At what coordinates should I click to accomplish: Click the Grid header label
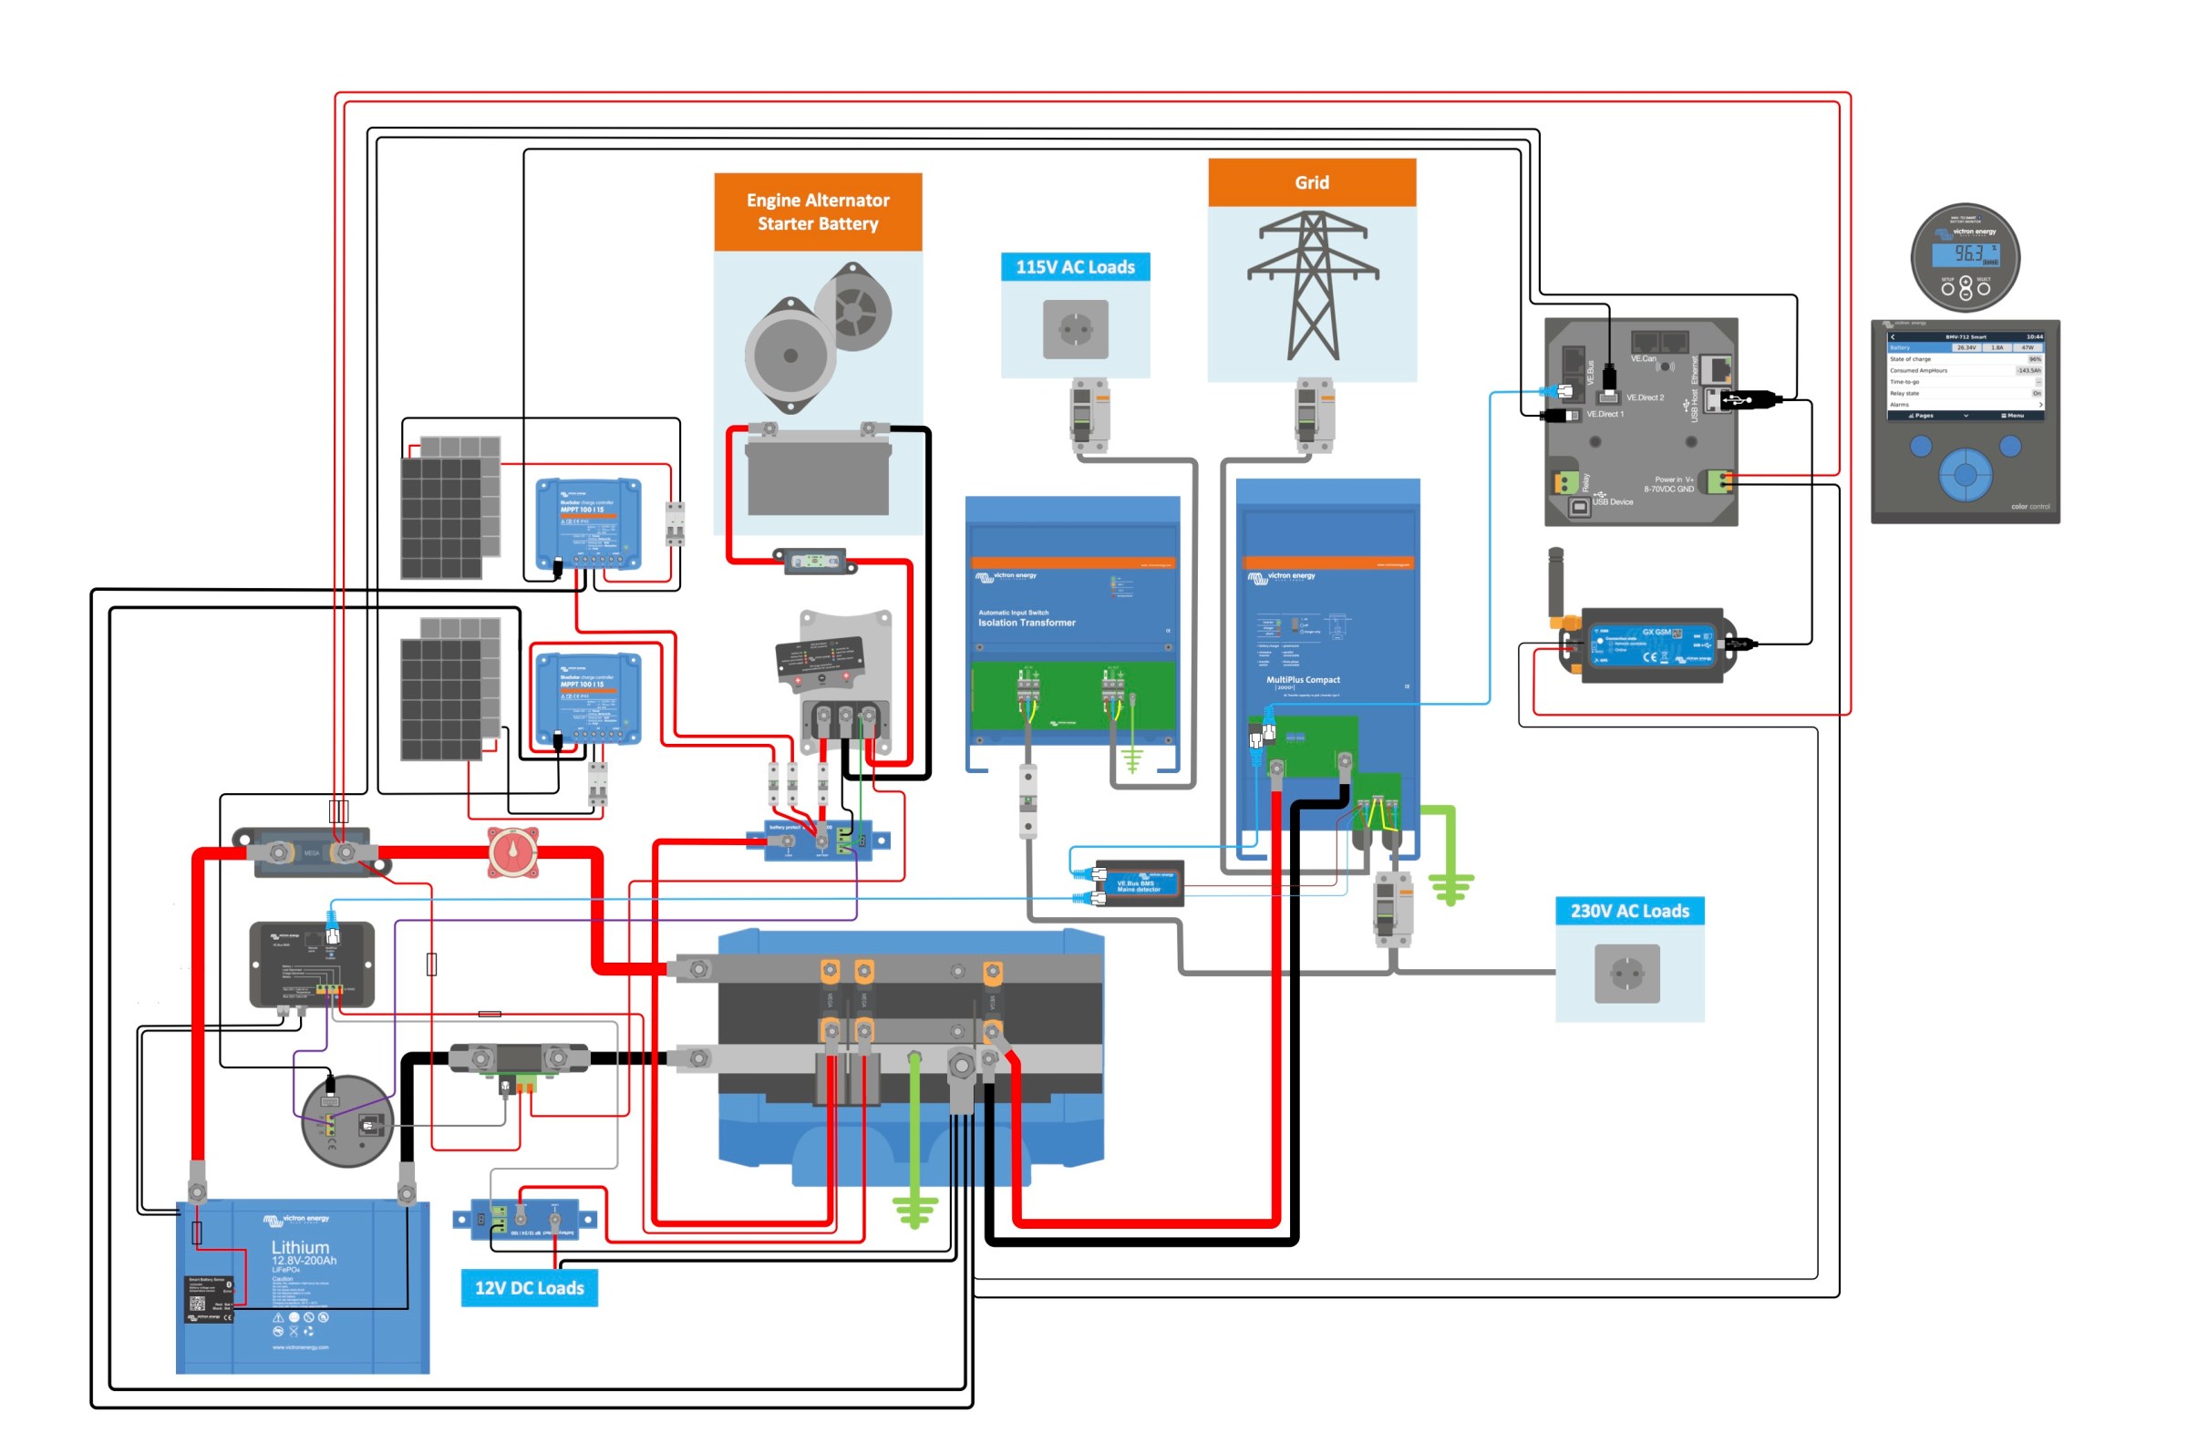coord(1311,182)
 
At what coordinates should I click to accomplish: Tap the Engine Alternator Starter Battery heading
coord(817,211)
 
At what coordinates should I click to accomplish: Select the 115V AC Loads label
coord(1075,267)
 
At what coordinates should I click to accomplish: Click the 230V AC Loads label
coord(1629,911)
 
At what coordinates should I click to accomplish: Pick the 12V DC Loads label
coord(529,1287)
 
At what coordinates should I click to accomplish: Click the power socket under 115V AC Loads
coord(1075,328)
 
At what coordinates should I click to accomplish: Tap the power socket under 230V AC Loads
coord(1626,973)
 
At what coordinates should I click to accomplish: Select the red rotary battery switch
coord(512,851)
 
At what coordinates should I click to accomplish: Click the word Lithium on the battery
coord(299,1247)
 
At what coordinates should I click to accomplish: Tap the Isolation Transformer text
coord(1027,623)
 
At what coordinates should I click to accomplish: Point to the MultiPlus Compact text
coord(1303,680)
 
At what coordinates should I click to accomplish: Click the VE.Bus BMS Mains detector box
coord(1138,883)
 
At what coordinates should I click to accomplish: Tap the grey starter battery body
coord(818,478)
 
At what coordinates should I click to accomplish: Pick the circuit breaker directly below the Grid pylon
coord(1313,415)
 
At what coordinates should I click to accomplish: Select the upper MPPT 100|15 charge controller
coord(588,523)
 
